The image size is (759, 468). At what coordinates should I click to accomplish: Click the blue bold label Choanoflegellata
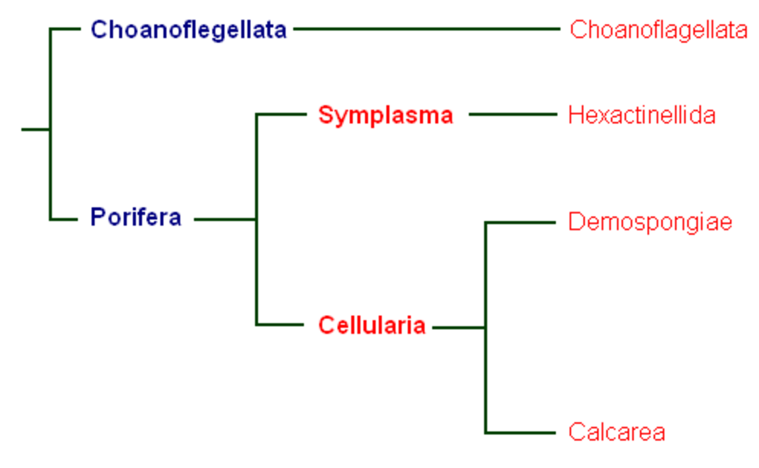(x=188, y=30)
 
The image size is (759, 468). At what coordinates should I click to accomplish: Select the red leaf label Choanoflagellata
(x=658, y=30)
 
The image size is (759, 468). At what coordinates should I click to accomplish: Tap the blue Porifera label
(x=136, y=217)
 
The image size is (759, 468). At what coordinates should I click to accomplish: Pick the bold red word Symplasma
(x=386, y=116)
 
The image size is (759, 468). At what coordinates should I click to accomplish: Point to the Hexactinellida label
(x=642, y=116)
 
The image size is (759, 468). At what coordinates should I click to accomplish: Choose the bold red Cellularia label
(x=372, y=325)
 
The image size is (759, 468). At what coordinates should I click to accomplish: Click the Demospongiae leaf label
(x=650, y=223)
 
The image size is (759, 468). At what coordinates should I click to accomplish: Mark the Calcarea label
(x=617, y=432)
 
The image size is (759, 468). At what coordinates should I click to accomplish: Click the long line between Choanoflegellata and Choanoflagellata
(x=426, y=29)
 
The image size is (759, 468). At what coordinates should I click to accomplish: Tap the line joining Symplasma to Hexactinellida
(x=513, y=114)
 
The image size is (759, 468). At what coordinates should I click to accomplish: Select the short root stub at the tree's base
(x=35, y=129)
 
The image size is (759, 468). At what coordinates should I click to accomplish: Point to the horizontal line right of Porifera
(x=225, y=220)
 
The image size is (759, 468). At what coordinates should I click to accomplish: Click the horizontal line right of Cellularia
(x=459, y=328)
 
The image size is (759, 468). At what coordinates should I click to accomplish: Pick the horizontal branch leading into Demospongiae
(x=520, y=223)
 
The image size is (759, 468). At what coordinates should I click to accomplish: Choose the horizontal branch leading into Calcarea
(x=520, y=433)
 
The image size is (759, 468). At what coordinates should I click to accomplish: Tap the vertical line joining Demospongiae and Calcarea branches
(x=486, y=328)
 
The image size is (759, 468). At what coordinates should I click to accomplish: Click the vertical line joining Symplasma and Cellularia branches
(x=257, y=220)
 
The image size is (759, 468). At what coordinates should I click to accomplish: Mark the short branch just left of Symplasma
(x=281, y=114)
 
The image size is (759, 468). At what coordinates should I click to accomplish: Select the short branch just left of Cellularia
(x=280, y=325)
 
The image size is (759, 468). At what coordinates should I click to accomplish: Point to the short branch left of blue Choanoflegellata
(x=65, y=29)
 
